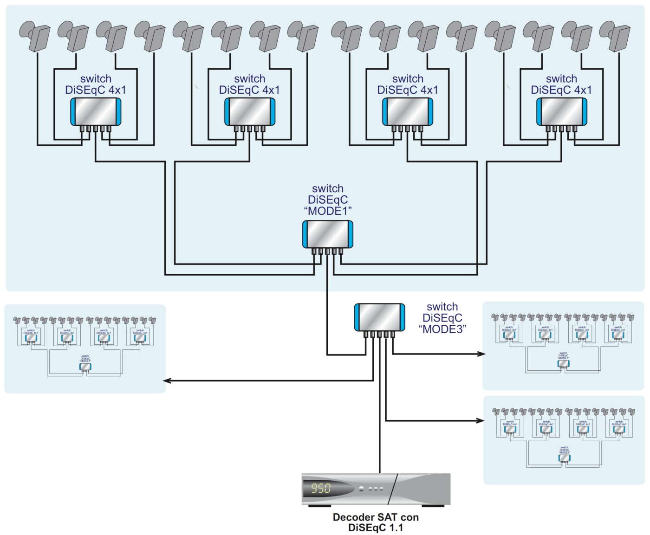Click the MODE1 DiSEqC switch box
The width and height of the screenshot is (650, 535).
pyautogui.click(x=328, y=234)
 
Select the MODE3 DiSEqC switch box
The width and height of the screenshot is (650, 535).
pyautogui.click(x=379, y=317)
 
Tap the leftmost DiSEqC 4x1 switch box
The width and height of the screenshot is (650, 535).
pyautogui.click(x=96, y=111)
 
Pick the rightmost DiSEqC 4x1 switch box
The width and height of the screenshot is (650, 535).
pyautogui.click(x=562, y=111)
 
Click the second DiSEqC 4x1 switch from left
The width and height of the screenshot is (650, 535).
pyautogui.click(x=250, y=111)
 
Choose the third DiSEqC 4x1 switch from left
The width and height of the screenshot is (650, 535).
pyautogui.click(x=408, y=111)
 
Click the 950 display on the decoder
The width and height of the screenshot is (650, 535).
pyautogui.click(x=321, y=488)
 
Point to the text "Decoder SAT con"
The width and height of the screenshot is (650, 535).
pyautogui.click(x=376, y=517)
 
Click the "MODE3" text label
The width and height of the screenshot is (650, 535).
pyautogui.click(x=442, y=329)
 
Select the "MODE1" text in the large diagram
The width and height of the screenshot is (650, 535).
pyautogui.click(x=328, y=211)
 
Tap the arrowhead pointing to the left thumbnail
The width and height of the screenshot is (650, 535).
pyautogui.click(x=167, y=381)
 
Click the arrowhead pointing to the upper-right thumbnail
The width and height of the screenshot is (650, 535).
pyautogui.click(x=481, y=354)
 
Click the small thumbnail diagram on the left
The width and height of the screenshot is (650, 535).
pyautogui.click(x=85, y=348)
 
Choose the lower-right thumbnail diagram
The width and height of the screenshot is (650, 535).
pyautogui.click(x=564, y=440)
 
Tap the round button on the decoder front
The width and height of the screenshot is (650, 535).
pyautogui.click(x=361, y=489)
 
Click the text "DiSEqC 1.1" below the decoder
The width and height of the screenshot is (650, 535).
pyautogui.click(x=376, y=528)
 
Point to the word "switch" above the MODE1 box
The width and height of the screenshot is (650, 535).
pyautogui.click(x=328, y=188)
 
